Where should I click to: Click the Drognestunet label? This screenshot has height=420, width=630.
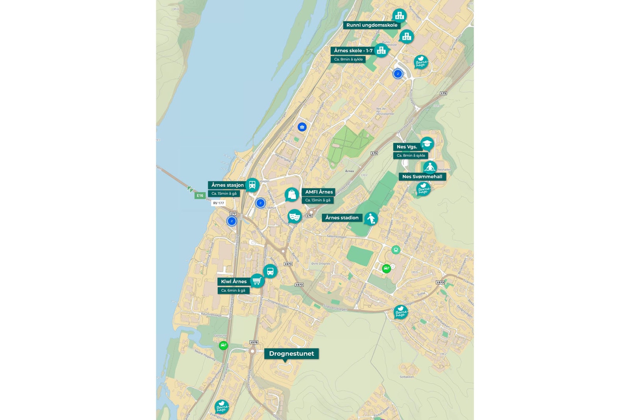[291, 353]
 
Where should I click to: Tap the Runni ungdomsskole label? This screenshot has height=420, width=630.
[372, 25]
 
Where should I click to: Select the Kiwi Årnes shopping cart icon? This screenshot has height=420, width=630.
[257, 281]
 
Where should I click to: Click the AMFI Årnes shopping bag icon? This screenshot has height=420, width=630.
[292, 194]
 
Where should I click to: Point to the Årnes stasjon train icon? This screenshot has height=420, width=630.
[252, 184]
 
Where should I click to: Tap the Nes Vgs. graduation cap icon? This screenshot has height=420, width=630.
[427, 144]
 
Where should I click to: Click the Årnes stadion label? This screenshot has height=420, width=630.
[342, 217]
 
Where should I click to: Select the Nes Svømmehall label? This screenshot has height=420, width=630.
[422, 177]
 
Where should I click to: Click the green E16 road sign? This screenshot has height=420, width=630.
[200, 195]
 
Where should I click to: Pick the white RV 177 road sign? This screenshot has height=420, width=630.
[219, 203]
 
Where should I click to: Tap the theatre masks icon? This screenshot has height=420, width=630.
[295, 216]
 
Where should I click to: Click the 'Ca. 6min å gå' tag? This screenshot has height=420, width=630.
[233, 290]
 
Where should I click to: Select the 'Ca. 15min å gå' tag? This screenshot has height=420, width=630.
[224, 193]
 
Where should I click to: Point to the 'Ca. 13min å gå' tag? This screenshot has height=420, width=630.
[318, 200]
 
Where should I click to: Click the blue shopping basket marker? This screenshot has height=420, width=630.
[302, 127]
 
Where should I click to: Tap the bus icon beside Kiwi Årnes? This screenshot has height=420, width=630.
[270, 271]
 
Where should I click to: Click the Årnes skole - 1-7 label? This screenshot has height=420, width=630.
[353, 50]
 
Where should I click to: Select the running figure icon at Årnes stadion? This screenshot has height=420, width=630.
[371, 218]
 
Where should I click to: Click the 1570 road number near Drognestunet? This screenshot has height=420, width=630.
[254, 342]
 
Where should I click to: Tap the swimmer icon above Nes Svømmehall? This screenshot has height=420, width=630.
[430, 167]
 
